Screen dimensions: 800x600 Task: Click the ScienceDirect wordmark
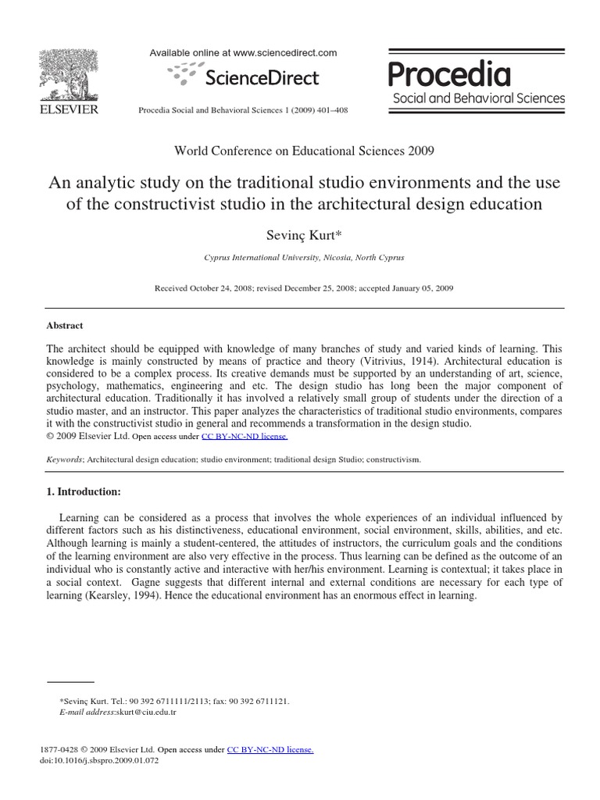pos(262,77)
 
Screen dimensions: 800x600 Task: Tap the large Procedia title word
pos(449,75)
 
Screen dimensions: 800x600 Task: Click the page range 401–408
pos(330,111)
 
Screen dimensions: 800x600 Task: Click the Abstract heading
pos(65,326)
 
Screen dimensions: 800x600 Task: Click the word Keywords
pos(65,460)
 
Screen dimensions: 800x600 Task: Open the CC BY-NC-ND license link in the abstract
pos(245,437)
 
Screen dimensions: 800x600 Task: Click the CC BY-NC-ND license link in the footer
pos(270,749)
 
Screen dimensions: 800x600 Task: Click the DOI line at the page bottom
pos(98,760)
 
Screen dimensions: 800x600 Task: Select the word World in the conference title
pos(191,151)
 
